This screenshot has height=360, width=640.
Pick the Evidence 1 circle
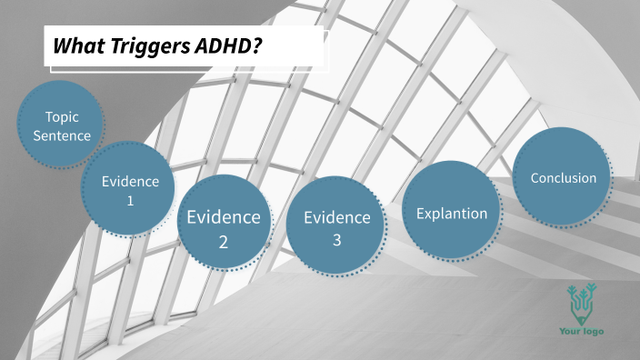(130, 190)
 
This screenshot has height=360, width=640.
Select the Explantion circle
(451, 212)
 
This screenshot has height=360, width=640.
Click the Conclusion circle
(563, 176)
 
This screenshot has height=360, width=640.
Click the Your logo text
(581, 331)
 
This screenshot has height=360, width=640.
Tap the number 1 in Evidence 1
(130, 200)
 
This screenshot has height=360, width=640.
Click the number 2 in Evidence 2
(224, 242)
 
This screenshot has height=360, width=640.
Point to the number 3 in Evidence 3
(336, 240)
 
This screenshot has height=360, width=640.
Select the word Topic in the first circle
(62, 116)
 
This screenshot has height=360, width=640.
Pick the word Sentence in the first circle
(62, 135)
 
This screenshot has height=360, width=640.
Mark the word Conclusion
(563, 177)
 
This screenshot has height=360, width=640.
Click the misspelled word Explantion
(451, 214)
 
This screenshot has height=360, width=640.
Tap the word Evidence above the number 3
(336, 217)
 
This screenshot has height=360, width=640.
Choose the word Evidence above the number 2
(224, 217)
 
